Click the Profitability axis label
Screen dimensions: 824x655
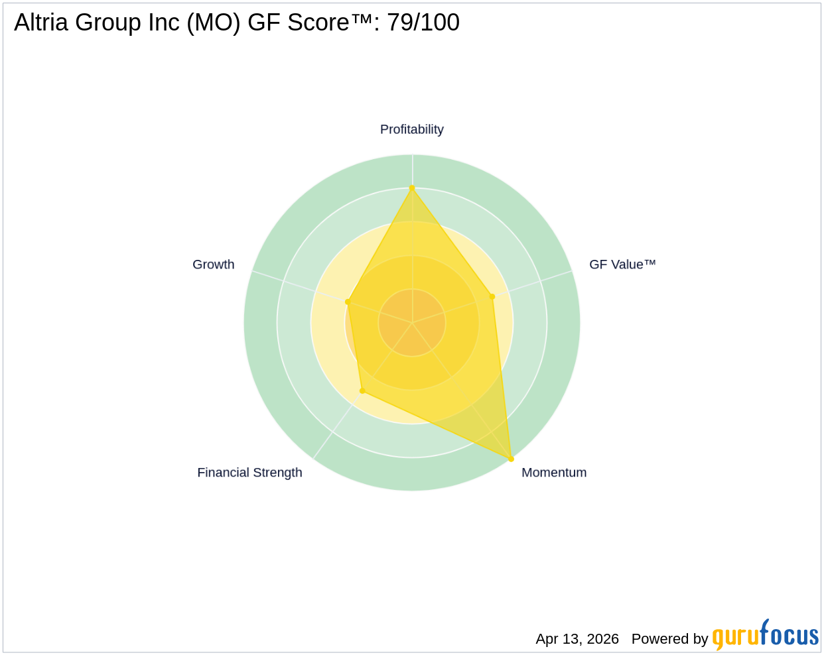point(411,129)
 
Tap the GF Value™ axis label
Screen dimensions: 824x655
point(622,265)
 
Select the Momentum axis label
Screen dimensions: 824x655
point(554,473)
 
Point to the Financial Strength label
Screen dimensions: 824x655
point(249,473)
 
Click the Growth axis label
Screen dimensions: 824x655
point(213,265)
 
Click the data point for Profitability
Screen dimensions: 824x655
point(412,188)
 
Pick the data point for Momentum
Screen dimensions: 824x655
point(511,459)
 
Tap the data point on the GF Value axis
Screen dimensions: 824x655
point(492,296)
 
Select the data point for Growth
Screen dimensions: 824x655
point(348,302)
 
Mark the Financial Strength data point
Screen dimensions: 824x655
point(362,391)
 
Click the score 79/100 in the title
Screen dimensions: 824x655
point(423,22)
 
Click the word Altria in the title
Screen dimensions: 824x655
point(41,22)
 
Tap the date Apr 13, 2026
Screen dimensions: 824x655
point(577,639)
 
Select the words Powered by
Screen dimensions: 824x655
point(669,639)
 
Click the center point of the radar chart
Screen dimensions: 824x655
point(412,322)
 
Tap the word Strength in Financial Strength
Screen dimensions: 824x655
point(277,473)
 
